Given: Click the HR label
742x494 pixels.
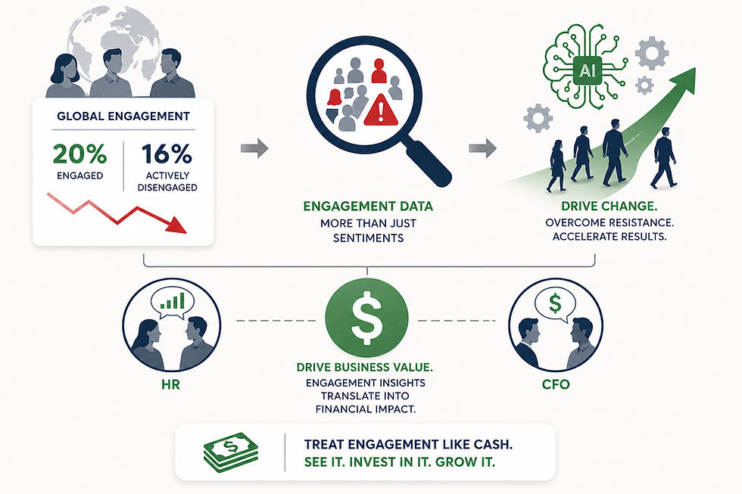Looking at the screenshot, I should tap(170, 384).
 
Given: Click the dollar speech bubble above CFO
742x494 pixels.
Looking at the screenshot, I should tap(555, 304).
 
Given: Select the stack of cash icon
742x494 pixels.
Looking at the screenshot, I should tap(230, 452).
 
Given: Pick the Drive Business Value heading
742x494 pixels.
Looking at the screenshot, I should tap(366, 367).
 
